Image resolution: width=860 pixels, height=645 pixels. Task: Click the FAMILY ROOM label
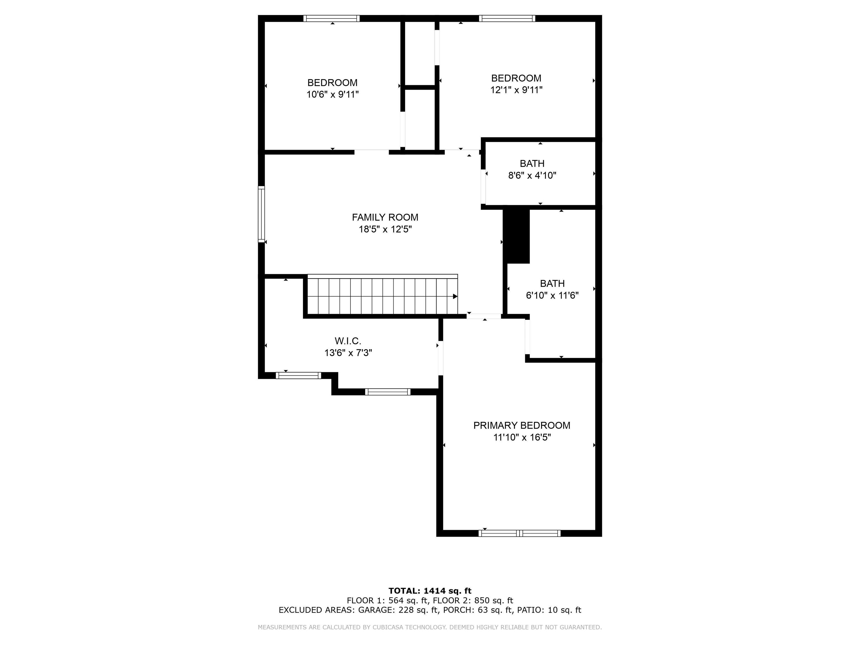click(x=385, y=217)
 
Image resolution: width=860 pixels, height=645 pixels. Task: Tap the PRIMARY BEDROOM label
click(x=522, y=425)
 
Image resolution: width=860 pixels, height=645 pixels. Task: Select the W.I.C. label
click(x=348, y=341)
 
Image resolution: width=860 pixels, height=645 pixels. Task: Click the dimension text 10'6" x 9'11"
click(x=332, y=94)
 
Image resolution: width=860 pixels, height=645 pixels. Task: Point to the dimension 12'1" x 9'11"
click(x=516, y=90)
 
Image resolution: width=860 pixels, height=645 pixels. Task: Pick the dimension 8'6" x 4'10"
click(x=532, y=175)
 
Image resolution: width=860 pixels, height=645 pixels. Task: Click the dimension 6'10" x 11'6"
click(x=552, y=295)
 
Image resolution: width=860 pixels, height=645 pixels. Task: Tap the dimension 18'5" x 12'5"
click(x=385, y=229)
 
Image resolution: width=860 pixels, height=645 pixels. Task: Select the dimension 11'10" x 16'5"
click(x=522, y=437)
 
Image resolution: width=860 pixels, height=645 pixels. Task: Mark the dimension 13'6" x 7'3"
click(x=348, y=353)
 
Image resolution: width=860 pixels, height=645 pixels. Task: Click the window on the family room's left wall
click(x=261, y=214)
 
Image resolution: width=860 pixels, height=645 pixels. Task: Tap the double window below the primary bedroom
click(x=519, y=533)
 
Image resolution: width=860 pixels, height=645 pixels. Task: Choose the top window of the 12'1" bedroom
click(x=507, y=18)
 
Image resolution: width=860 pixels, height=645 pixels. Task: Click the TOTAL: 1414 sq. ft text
click(x=430, y=591)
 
